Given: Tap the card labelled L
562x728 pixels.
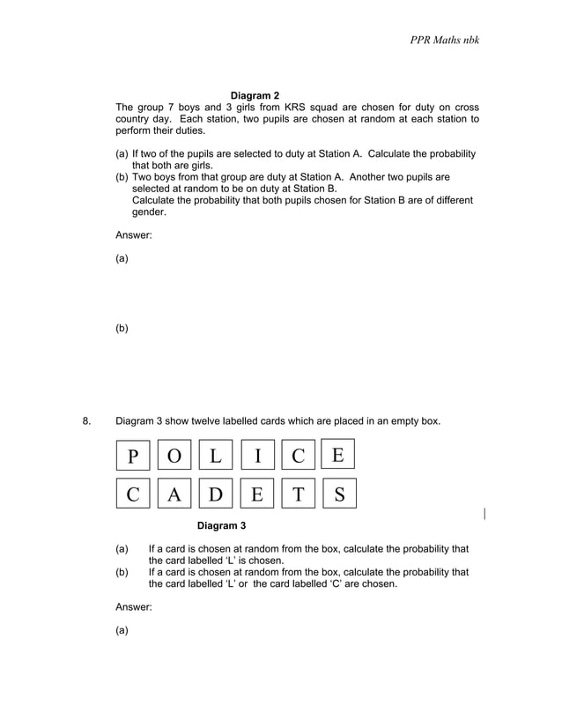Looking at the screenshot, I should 216,456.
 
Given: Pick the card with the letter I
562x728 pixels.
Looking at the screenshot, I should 257,456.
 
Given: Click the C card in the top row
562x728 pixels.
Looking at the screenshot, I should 298,456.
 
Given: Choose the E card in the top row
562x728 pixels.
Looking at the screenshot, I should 338,454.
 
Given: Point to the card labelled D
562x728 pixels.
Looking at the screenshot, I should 216,494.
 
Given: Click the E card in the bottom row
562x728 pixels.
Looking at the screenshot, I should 257,494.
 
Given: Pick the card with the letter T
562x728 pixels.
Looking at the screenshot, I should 298,494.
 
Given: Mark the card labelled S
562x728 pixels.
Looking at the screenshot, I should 339,494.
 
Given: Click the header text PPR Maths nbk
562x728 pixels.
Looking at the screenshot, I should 444,41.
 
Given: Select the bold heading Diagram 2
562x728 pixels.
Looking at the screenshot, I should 255,95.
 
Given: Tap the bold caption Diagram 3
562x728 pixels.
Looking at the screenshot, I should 221,526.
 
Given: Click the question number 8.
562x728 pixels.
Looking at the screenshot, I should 86,421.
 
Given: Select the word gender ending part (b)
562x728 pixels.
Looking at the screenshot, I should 149,212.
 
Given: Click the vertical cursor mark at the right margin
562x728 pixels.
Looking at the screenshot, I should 485,513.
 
